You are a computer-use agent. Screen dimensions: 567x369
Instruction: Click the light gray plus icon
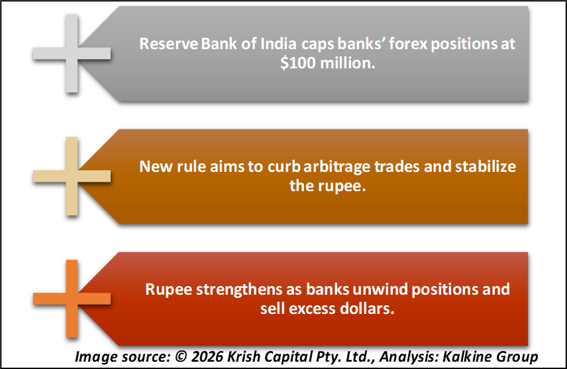click(72, 53)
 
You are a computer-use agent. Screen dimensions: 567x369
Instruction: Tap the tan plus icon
click(72, 176)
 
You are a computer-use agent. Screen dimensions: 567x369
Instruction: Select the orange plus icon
click(72, 299)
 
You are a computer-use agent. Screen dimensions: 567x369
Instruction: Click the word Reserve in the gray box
click(169, 44)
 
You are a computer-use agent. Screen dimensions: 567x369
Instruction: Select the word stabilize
click(486, 167)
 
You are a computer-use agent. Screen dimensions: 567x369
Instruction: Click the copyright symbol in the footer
click(181, 356)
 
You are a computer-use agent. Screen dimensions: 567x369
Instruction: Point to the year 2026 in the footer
click(207, 356)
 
